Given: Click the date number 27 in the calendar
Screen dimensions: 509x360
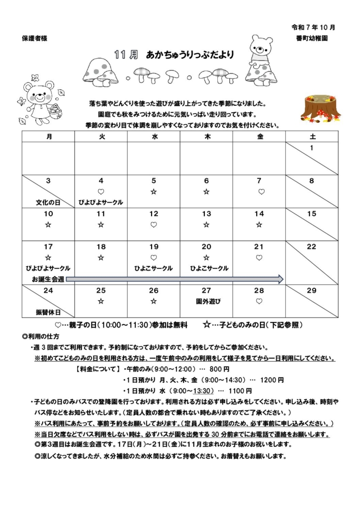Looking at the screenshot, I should [x=206, y=290].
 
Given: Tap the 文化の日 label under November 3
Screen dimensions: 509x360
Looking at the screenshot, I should [x=48, y=202].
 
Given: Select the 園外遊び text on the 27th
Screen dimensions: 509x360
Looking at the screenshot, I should [x=206, y=301].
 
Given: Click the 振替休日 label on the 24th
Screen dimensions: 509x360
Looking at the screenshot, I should [x=48, y=312].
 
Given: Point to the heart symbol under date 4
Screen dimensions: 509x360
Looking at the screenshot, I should [x=101, y=191].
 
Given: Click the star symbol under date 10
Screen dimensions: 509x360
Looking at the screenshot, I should [x=48, y=225].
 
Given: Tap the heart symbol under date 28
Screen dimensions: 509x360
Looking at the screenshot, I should [x=259, y=301].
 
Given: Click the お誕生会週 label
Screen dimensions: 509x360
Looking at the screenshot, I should [x=48, y=279].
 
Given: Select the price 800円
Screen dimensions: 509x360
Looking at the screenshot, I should [x=219, y=369].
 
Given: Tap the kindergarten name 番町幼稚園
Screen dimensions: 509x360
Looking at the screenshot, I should [x=311, y=38].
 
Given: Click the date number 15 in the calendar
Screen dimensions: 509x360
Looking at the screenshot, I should [x=312, y=214].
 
